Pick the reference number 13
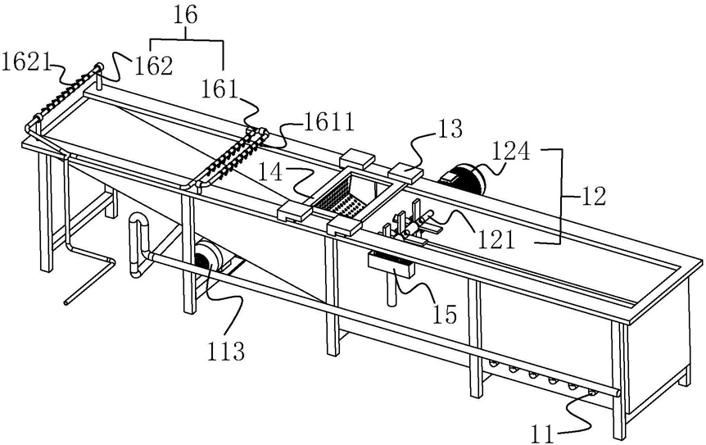point(450,129)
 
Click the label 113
point(226,352)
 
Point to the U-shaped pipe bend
point(138,226)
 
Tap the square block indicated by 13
point(404,170)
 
